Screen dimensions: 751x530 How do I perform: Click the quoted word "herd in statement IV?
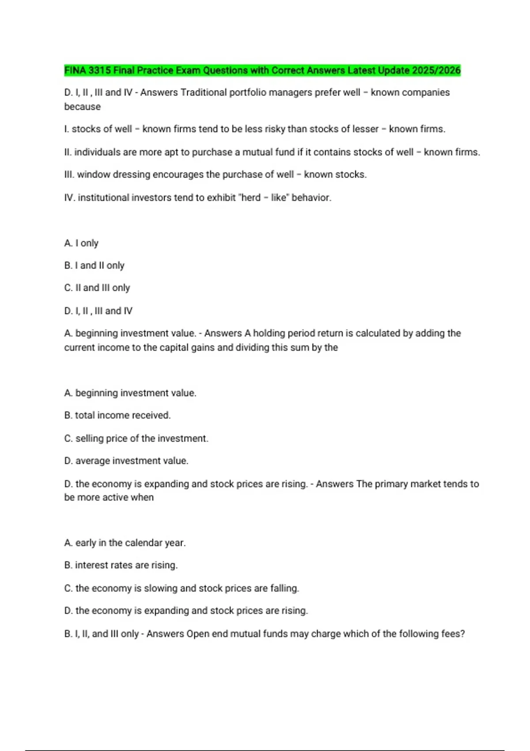tap(250, 197)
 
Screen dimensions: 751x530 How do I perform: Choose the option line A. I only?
tap(81, 243)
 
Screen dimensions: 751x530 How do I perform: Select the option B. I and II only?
tap(94, 266)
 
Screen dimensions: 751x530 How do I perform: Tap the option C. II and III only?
tap(97, 288)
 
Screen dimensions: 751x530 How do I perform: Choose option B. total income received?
tap(117, 415)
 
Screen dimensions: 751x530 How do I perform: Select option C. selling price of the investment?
tap(136, 438)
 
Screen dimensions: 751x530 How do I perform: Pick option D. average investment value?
tap(126, 461)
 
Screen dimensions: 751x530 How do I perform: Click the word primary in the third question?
tap(391, 484)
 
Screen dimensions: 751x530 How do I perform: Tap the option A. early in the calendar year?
tap(125, 542)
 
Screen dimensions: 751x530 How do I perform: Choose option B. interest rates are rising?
tap(121, 565)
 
